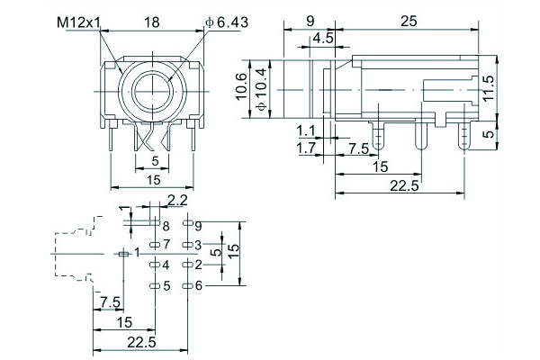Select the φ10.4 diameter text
262,89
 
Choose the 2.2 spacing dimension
177,200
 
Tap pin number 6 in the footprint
199,285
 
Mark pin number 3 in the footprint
199,245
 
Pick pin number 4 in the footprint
166,265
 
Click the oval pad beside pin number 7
154,245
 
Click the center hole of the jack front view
154,91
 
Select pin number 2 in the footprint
199,265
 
